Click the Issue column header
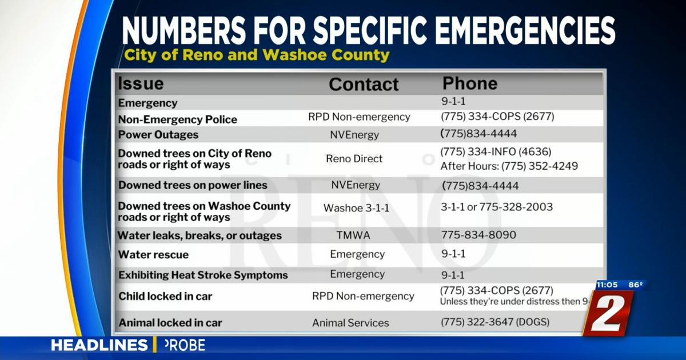pyautogui.click(x=141, y=83)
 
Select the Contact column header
pyautogui.click(x=364, y=85)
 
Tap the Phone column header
pyautogui.click(x=470, y=83)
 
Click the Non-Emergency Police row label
pyautogui.click(x=177, y=119)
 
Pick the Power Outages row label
pyautogui.click(x=158, y=135)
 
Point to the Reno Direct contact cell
pyautogui.click(x=354, y=159)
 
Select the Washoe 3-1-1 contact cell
pyautogui.click(x=356, y=208)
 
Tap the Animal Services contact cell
pyautogui.click(x=350, y=323)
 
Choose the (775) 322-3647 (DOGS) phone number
pyautogui.click(x=495, y=322)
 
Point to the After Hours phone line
pyautogui.click(x=509, y=166)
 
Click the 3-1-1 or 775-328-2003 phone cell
pyautogui.click(x=497, y=207)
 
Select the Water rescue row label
pyautogui.click(x=153, y=255)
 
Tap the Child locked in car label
pyautogui.click(x=165, y=296)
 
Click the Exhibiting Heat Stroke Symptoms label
pyautogui.click(x=203, y=275)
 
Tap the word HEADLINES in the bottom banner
pyautogui.click(x=99, y=345)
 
